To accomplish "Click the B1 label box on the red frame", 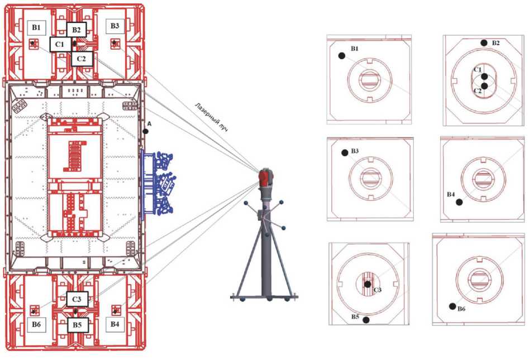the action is point(36,26).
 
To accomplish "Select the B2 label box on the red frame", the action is point(77,30).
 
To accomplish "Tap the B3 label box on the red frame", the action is point(115,26).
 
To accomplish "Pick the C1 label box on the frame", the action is point(60,44).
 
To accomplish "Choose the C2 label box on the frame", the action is point(82,58).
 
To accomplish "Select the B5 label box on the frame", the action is point(78,325).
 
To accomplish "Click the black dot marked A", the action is point(145,131).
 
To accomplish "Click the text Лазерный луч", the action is point(211,117).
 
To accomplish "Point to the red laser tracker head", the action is point(264,177).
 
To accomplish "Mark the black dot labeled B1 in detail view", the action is point(341,55).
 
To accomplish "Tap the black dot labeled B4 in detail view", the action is point(459,203).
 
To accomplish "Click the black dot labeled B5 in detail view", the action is point(366,320).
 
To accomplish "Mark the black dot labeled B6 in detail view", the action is point(452,306).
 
